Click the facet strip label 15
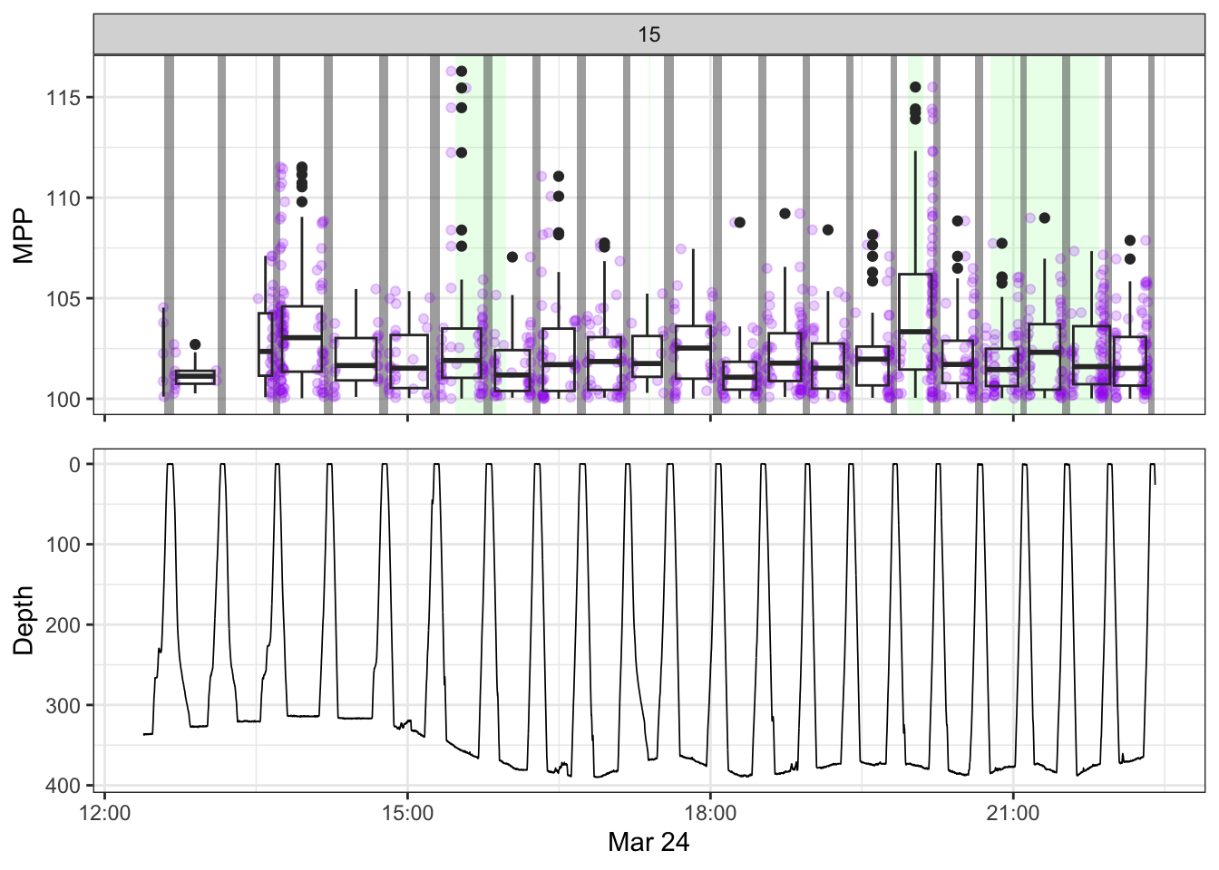pyautogui.click(x=649, y=34)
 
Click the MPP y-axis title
pyautogui.click(x=24, y=236)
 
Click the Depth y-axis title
pyautogui.click(x=24, y=620)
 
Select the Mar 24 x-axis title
pyautogui.click(x=649, y=842)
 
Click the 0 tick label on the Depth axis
pyautogui.click(x=75, y=465)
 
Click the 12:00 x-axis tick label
pyautogui.click(x=105, y=813)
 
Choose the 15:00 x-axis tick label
pyautogui.click(x=407, y=813)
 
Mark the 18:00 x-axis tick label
pyautogui.click(x=710, y=813)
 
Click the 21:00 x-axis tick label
pyautogui.click(x=1012, y=813)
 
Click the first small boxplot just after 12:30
pyautogui.click(x=195, y=377)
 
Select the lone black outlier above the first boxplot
pyautogui.click(x=195, y=344)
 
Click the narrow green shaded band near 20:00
pyautogui.click(x=915, y=227)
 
